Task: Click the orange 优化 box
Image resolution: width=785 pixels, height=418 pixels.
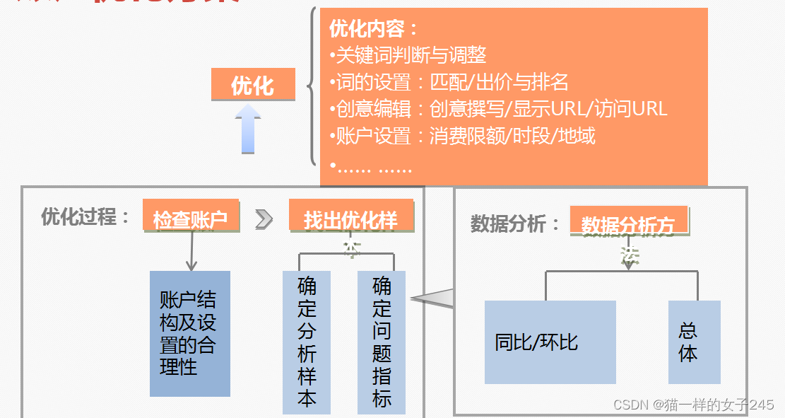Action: tap(253, 84)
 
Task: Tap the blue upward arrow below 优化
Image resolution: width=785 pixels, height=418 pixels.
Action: tap(248, 129)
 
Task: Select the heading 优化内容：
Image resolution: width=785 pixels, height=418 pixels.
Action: tap(374, 29)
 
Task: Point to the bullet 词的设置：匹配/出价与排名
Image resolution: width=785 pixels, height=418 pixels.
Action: tap(449, 82)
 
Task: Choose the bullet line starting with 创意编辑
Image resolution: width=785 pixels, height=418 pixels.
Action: tap(498, 108)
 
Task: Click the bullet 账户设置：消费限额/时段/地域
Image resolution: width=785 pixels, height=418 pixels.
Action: tap(463, 135)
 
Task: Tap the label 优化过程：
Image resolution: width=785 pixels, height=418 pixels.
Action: tap(85, 216)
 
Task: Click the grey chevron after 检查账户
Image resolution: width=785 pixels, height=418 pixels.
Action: tap(264, 219)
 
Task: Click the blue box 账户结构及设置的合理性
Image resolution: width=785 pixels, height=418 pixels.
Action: tap(190, 333)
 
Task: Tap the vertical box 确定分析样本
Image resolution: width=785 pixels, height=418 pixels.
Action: tap(307, 342)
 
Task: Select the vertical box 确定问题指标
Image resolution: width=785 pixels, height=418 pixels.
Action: tap(382, 342)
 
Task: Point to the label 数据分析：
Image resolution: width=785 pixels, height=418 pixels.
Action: tap(515, 223)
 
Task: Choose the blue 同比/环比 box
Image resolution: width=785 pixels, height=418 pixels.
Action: tap(550, 342)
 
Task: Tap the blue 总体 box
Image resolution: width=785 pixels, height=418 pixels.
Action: tap(688, 342)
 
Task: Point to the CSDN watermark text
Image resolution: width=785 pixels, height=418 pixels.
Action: tap(694, 405)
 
